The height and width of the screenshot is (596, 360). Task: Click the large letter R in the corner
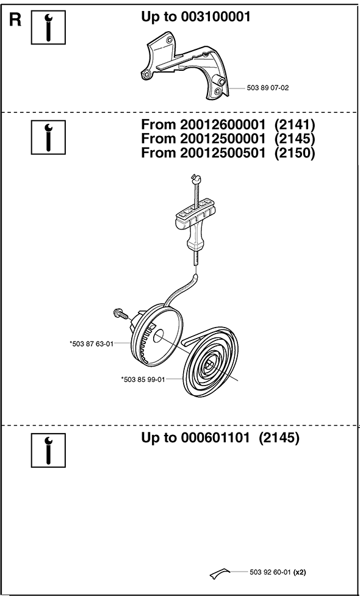click(15, 21)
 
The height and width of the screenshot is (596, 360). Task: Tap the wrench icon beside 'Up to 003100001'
click(48, 27)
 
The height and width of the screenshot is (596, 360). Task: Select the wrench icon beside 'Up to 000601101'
click(48, 450)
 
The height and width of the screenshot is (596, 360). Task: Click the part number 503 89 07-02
click(268, 88)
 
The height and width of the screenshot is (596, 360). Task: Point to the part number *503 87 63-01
click(92, 344)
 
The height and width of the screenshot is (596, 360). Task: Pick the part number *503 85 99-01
click(143, 379)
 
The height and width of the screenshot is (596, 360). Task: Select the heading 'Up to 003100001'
click(196, 16)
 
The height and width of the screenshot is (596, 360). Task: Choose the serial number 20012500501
click(220, 153)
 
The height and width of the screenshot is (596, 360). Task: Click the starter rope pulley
click(156, 334)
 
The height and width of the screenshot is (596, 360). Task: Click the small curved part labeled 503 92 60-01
click(220, 573)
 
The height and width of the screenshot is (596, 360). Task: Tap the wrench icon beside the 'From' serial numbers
click(48, 137)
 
